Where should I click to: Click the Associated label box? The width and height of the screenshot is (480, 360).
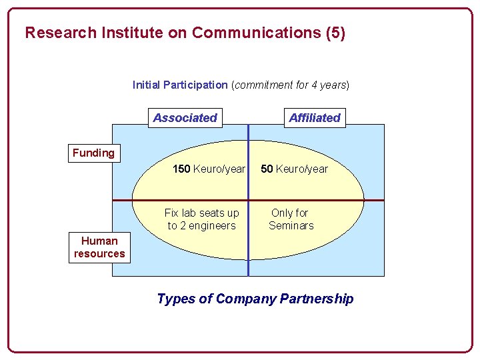tap(185, 118)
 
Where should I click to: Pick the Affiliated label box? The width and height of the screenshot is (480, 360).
tap(315, 118)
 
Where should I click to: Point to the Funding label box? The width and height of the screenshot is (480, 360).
tap(93, 153)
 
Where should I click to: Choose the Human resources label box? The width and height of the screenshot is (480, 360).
tap(99, 247)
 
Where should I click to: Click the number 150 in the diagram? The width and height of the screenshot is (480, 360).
tap(181, 169)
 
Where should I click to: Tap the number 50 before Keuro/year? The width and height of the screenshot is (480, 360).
tap(267, 169)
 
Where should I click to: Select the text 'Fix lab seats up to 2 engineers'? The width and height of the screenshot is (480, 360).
tap(201, 219)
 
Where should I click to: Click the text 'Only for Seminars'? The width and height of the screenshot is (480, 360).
tap(291, 219)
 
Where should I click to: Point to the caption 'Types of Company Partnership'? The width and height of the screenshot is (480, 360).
tap(255, 299)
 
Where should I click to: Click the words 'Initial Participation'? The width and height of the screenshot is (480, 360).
tap(180, 85)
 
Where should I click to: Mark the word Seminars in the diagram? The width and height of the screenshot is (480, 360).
tap(291, 226)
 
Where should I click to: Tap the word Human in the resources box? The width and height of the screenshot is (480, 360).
tap(99, 241)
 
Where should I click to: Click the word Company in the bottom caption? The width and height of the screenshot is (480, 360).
tap(251, 299)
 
